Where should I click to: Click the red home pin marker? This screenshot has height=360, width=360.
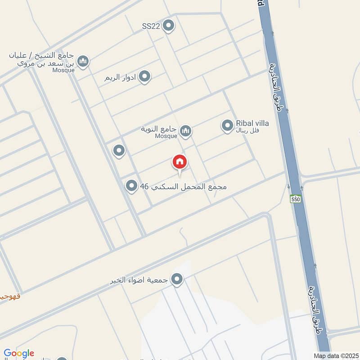[x=180, y=162]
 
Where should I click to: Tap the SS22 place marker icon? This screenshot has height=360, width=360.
[x=169, y=26]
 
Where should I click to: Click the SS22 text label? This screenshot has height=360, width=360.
[x=151, y=26]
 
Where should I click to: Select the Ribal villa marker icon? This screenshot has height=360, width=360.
[x=227, y=126]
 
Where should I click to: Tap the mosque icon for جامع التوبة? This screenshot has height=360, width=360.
[x=185, y=131]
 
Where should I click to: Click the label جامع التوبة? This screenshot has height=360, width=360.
[x=159, y=129]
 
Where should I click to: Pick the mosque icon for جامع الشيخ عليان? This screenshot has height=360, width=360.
[x=83, y=61]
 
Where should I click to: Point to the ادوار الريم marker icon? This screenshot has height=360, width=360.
[x=144, y=77]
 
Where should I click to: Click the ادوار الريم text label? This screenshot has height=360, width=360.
[x=121, y=77]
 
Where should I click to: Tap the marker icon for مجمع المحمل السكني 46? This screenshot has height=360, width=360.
[x=131, y=185]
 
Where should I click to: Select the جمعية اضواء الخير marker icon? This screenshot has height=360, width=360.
[x=177, y=279]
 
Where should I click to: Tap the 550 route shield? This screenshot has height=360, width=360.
[x=295, y=198]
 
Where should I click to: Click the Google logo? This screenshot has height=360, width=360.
[x=19, y=353]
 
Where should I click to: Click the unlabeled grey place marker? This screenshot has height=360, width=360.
[x=119, y=150]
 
